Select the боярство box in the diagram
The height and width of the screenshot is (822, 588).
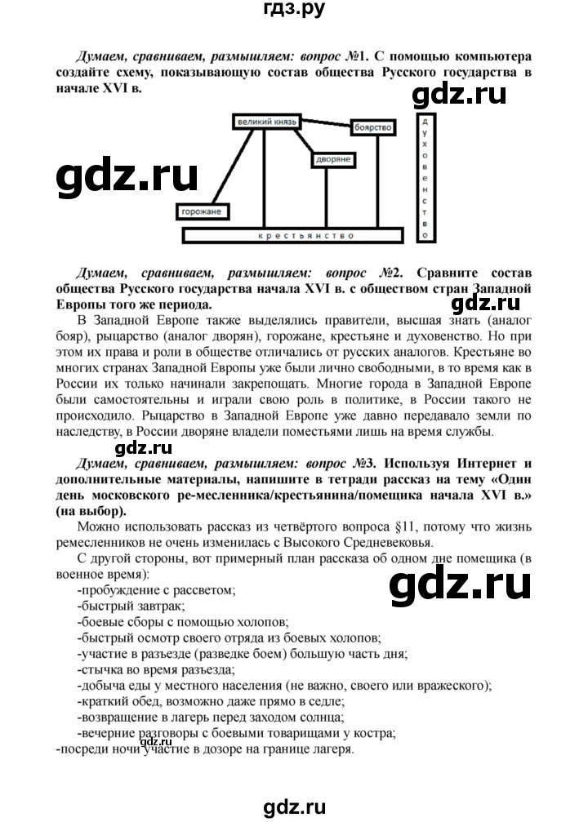coord(374,128)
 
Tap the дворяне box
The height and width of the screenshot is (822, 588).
coord(330,161)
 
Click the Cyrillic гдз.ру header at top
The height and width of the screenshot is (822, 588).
coord(293,11)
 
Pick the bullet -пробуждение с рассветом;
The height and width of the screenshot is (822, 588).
coord(156,589)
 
